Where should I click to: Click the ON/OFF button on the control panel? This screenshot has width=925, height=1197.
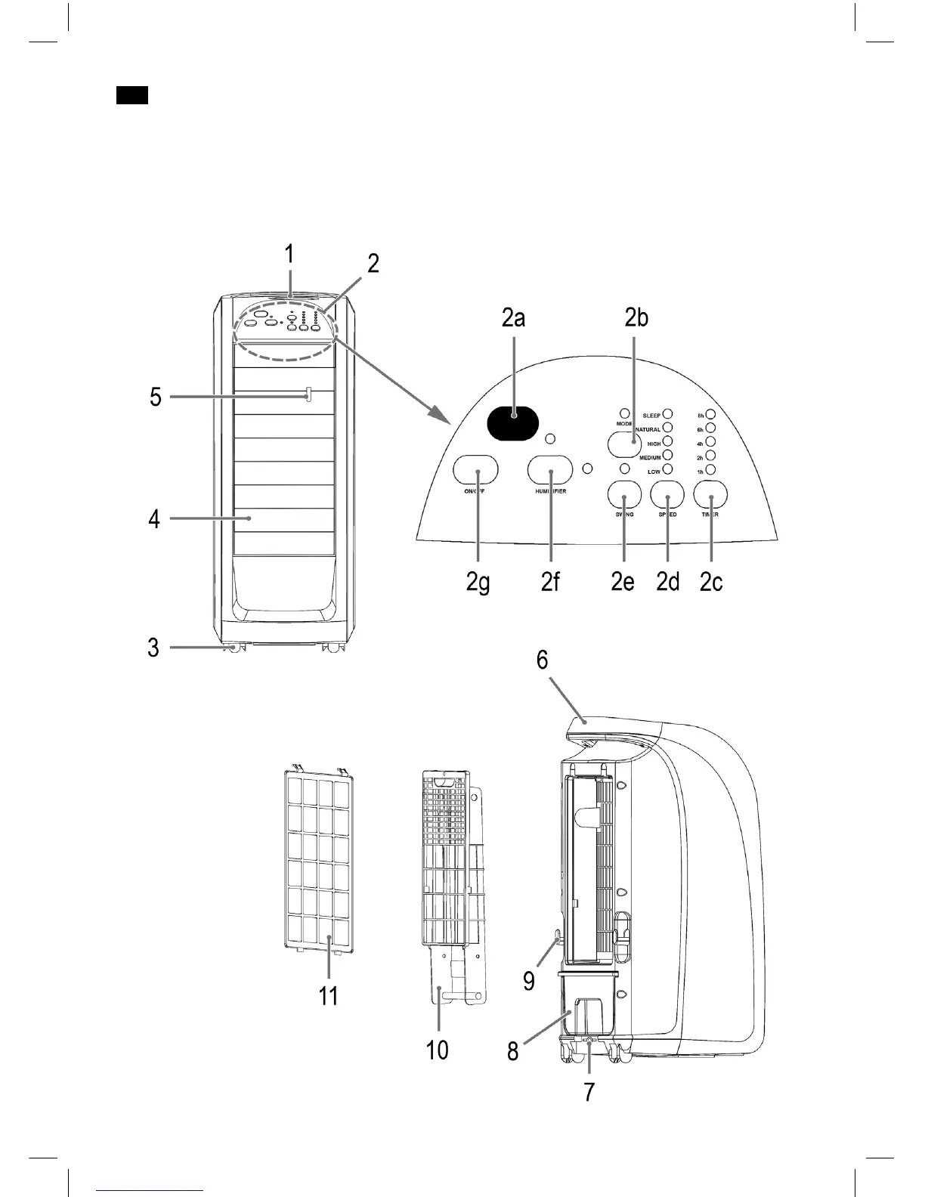tap(475, 470)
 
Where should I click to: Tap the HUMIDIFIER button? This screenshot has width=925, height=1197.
tap(549, 470)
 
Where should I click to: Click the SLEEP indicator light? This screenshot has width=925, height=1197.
tap(667, 415)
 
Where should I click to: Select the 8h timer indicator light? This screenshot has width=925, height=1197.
tap(710, 415)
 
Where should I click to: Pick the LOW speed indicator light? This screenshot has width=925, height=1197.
tap(667, 470)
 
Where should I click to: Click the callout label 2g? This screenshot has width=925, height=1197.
tap(478, 583)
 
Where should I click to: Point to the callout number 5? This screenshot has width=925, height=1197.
tap(156, 397)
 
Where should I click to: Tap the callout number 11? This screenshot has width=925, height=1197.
tap(328, 995)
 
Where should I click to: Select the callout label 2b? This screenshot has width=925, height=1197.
tap(636, 318)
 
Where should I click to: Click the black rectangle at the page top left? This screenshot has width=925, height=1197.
tap(131, 95)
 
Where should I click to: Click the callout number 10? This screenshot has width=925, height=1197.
tap(438, 1049)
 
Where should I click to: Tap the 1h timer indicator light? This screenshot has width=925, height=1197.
tap(710, 471)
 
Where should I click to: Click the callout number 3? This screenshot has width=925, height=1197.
tap(153, 648)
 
